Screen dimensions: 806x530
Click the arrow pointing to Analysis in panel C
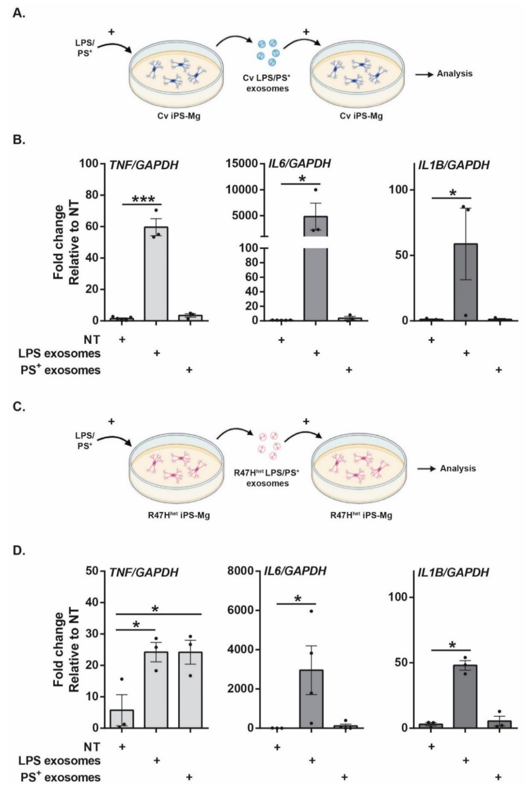pos(426,469)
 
